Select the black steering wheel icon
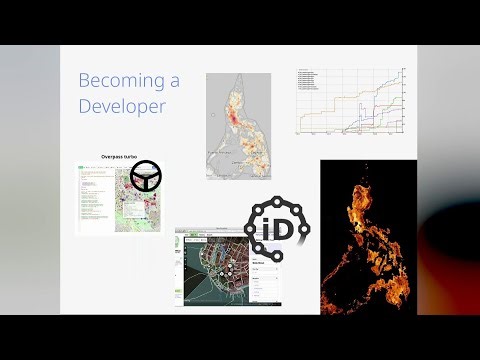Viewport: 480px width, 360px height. pos(148,176)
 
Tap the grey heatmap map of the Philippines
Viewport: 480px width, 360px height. pos(238,126)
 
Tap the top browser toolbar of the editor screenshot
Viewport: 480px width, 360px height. pos(228,232)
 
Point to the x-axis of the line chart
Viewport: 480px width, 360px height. pos(350,132)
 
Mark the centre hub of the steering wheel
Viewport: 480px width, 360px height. pos(148,177)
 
